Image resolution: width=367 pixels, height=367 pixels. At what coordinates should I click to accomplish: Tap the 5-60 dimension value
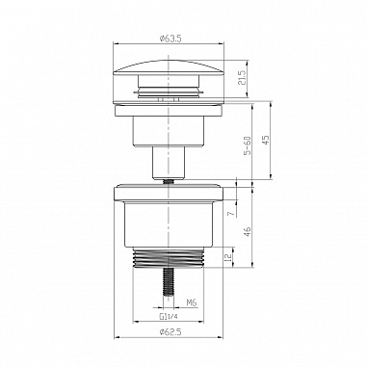248,145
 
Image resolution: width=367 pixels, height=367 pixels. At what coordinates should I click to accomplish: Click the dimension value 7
230,212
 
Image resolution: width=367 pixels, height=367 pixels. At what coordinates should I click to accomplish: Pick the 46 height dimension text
248,231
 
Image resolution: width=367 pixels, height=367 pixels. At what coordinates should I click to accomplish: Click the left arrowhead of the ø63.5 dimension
118,45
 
